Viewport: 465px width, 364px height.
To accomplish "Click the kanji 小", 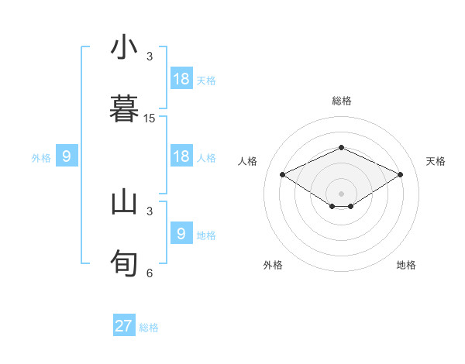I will pos(124,47).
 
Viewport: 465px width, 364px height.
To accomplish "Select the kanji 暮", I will pos(124,108).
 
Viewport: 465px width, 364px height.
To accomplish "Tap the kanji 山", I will pos(124,202).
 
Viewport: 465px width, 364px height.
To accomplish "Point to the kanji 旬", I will pos(124,263).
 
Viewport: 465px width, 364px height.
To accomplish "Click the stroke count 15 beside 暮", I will pos(150,118).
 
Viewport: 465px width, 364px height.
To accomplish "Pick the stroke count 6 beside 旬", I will pos(150,273).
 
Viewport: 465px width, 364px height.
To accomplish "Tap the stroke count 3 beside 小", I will pos(150,57).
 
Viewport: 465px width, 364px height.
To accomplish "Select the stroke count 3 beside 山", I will pos(150,211).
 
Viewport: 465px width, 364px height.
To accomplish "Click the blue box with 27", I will pos(124,326).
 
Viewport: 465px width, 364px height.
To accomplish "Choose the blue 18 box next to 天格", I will pos(181,78).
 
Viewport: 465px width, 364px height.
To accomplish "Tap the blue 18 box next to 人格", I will pos(181,156).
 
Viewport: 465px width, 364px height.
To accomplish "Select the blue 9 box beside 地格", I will pos(181,233).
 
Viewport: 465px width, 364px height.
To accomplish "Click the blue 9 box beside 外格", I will pos(67,156).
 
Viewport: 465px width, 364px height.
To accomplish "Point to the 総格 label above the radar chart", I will pos(341,101).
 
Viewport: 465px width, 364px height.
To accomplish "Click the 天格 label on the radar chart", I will pos(436,161).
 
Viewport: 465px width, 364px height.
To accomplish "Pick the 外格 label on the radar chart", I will pos(273,265).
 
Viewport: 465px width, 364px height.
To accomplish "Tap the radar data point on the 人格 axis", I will pos(282,174).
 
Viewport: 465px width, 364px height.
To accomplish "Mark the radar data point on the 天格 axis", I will pos(401,174).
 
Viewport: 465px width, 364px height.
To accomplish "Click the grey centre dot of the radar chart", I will pos(341,194).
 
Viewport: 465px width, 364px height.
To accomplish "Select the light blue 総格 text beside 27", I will pos(149,328).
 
